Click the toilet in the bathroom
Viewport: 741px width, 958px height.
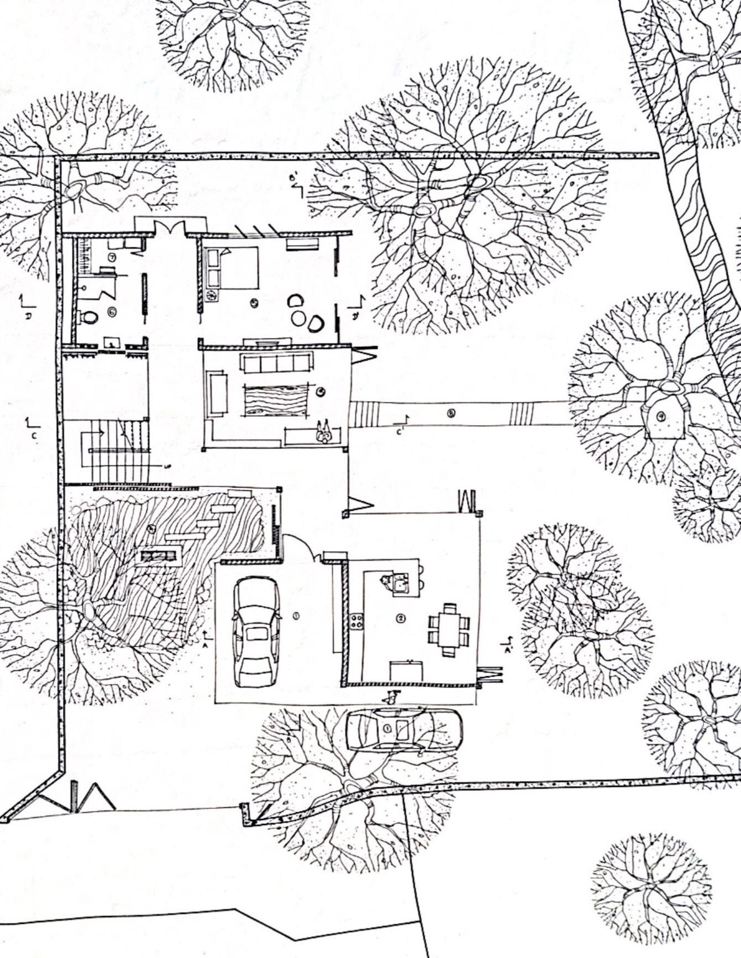(x=89, y=317)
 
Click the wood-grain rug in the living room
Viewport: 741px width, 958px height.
(x=275, y=400)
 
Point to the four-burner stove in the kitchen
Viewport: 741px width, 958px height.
(x=356, y=621)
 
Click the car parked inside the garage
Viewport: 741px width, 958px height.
(x=256, y=632)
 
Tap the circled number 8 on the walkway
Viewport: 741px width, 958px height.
(x=451, y=412)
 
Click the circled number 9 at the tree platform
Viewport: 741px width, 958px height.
(x=662, y=416)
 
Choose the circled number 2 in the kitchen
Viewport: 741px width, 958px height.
(x=401, y=618)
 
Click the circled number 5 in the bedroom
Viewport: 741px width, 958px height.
(x=254, y=302)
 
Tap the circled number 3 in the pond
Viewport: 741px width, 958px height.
(x=152, y=528)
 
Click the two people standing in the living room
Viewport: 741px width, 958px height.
(x=323, y=432)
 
